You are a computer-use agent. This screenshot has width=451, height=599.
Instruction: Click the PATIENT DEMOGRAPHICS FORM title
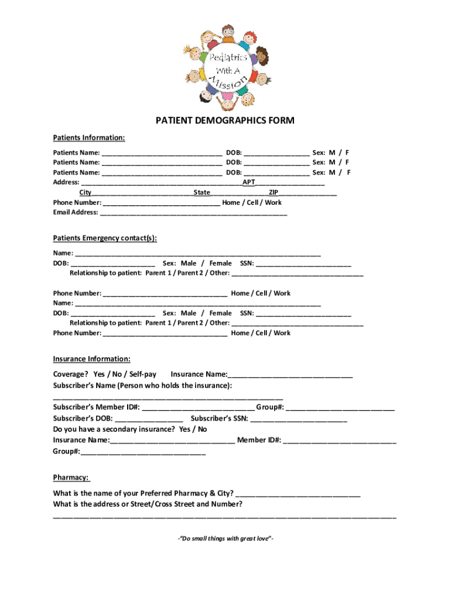[x=225, y=121]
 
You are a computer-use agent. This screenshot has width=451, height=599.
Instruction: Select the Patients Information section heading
[x=88, y=138]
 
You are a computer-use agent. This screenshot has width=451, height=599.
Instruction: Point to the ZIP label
[x=273, y=192]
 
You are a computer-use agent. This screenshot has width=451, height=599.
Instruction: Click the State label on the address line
[x=202, y=192]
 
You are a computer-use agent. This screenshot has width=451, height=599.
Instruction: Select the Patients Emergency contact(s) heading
[x=105, y=239]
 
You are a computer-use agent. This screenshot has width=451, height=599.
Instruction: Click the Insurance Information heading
[x=91, y=359]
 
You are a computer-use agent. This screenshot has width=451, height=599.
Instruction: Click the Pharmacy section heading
[x=71, y=477]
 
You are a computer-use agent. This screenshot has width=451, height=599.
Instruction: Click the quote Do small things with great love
[x=225, y=539]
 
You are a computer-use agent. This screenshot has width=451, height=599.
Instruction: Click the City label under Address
[x=86, y=192]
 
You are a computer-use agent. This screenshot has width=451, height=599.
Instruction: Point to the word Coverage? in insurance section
[x=70, y=374]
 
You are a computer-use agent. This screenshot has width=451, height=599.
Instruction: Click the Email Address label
[x=76, y=212]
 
